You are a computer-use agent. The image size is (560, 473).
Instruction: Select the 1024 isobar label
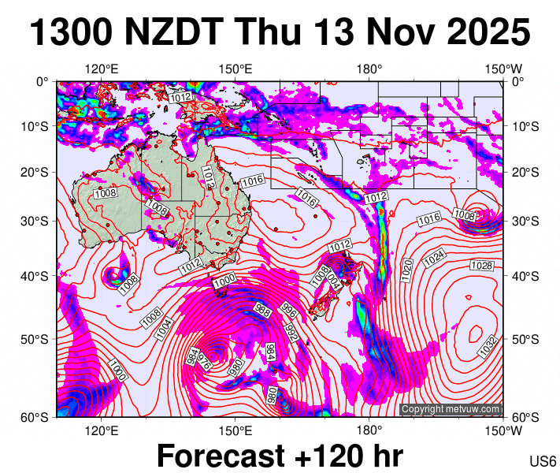435,258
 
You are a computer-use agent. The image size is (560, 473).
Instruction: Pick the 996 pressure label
287,311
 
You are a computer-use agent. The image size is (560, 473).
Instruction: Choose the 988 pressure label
262,310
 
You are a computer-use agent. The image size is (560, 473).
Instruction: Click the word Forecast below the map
220,456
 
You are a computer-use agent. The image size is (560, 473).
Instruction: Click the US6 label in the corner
543,462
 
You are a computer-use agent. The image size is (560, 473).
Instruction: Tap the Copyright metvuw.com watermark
451,409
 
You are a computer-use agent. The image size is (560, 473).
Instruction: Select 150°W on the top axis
503,69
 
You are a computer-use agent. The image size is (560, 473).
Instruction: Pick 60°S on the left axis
38,417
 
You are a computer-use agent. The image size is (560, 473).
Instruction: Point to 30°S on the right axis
523,221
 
